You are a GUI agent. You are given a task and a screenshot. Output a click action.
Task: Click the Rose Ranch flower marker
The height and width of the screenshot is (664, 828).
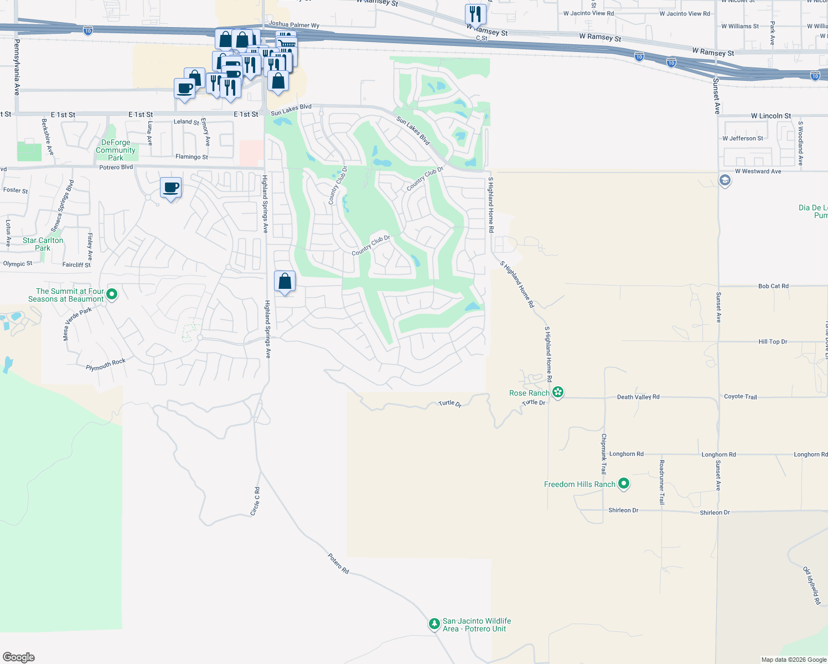(x=558, y=392)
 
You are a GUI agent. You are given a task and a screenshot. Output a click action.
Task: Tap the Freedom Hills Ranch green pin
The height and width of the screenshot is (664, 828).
(x=624, y=484)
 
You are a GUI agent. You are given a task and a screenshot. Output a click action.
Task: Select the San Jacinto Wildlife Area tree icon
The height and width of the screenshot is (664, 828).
(x=434, y=624)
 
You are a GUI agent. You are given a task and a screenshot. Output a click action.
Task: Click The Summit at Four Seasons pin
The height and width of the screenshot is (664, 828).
(x=112, y=294)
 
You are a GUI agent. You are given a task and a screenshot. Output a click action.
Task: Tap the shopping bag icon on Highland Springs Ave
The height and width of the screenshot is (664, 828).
(x=284, y=282)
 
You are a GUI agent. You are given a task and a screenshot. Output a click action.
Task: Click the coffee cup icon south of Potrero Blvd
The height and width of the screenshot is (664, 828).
(x=171, y=188)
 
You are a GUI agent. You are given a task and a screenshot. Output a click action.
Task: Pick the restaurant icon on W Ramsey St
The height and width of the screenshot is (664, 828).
(x=475, y=14)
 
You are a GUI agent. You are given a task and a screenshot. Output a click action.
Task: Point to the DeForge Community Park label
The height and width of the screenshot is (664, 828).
(x=115, y=150)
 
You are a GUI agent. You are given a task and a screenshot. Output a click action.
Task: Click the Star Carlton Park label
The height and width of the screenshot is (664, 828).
(x=43, y=244)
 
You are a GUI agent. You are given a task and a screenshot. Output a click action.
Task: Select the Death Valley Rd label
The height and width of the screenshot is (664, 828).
(x=638, y=397)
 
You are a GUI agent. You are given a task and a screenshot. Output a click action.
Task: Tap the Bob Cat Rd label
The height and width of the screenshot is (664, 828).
(x=773, y=286)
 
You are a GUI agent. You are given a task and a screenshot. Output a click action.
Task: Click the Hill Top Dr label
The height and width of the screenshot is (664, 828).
(x=773, y=341)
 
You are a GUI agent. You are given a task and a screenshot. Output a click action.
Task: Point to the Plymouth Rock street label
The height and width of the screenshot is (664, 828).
(x=106, y=365)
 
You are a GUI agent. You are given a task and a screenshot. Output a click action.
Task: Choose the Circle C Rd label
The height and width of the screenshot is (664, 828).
(x=255, y=501)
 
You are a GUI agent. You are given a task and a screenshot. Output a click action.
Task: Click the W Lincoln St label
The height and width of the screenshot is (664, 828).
(x=770, y=116)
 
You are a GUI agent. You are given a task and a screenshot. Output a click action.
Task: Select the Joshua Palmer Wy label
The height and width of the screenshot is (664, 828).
(x=294, y=25)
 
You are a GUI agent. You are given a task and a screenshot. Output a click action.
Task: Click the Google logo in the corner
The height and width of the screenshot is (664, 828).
(x=19, y=657)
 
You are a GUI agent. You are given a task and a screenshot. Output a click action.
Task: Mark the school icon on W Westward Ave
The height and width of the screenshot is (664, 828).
(x=724, y=180)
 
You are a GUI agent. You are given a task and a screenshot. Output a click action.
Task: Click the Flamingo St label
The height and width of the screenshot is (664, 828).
(x=192, y=157)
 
